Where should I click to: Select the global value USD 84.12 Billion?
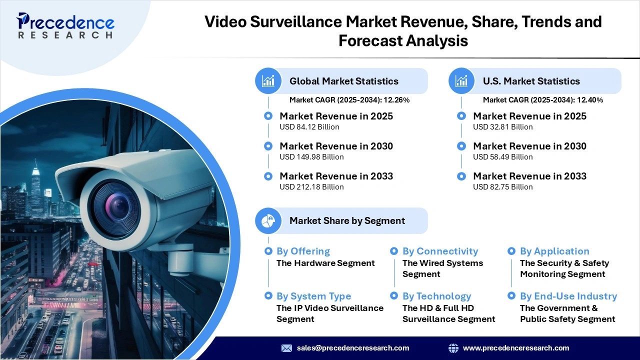[x=309, y=127]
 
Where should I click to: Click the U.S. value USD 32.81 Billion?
[x=502, y=127]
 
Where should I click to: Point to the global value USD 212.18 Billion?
[x=311, y=187]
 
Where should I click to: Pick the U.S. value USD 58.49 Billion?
[x=502, y=157]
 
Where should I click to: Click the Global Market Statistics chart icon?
[x=268, y=81]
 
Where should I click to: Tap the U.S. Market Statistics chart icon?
[x=461, y=81]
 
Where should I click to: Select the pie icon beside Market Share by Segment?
[x=268, y=221]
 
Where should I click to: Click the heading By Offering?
[x=303, y=251]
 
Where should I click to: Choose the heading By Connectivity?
[x=440, y=251]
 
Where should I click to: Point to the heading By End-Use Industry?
[x=568, y=296]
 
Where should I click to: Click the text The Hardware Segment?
[x=325, y=263]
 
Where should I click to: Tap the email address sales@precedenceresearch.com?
[x=352, y=348]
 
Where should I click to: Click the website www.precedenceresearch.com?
[x=516, y=348]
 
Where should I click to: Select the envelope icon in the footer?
[x=286, y=348]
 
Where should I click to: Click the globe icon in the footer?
[x=453, y=348]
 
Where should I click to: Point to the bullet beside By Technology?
[x=394, y=296]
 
